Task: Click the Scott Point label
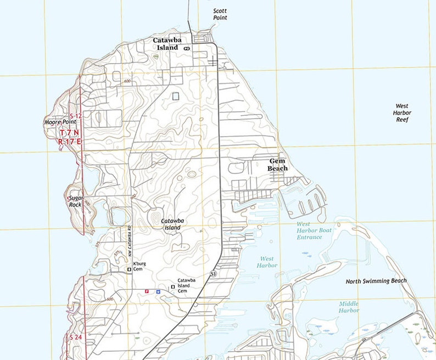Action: tap(220, 14)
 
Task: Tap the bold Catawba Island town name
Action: tap(166, 44)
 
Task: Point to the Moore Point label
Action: tap(60, 122)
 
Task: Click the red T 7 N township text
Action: tap(70, 133)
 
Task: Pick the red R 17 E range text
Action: tap(70, 141)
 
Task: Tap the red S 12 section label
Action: tap(75, 116)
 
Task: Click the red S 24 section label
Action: tap(75, 337)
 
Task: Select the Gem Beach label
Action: tap(277, 165)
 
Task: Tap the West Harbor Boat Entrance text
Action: tap(314, 230)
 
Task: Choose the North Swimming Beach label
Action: tap(376, 281)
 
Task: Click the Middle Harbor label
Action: tap(349, 307)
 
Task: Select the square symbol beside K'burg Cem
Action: tap(129, 269)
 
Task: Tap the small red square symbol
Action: tap(146, 291)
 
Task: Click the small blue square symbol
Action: tap(158, 291)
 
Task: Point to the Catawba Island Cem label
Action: tap(187, 285)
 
